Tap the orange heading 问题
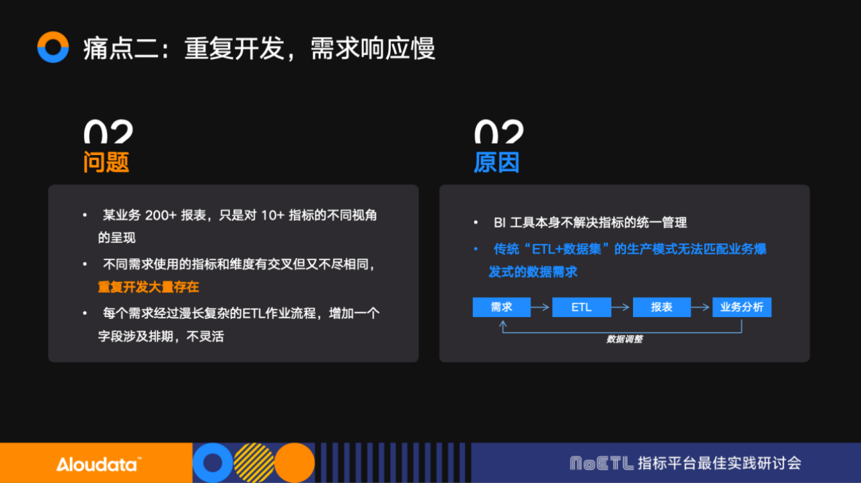pos(106,162)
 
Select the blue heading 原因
pos(496,162)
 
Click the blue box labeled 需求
pos(502,307)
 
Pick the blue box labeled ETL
pos(582,307)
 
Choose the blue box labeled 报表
pos(662,307)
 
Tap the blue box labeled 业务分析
pos(742,307)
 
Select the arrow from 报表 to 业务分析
pos(700,307)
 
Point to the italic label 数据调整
pos(625,339)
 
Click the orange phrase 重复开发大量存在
pos(149,288)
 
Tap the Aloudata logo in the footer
pos(99,465)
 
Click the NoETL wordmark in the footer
pos(602,464)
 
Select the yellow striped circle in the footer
pos(254,463)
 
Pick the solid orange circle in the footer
pos(295,463)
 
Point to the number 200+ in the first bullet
pos(161,216)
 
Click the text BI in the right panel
pos(500,222)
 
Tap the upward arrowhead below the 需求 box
pos(502,325)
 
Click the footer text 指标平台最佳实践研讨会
pos(720,464)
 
